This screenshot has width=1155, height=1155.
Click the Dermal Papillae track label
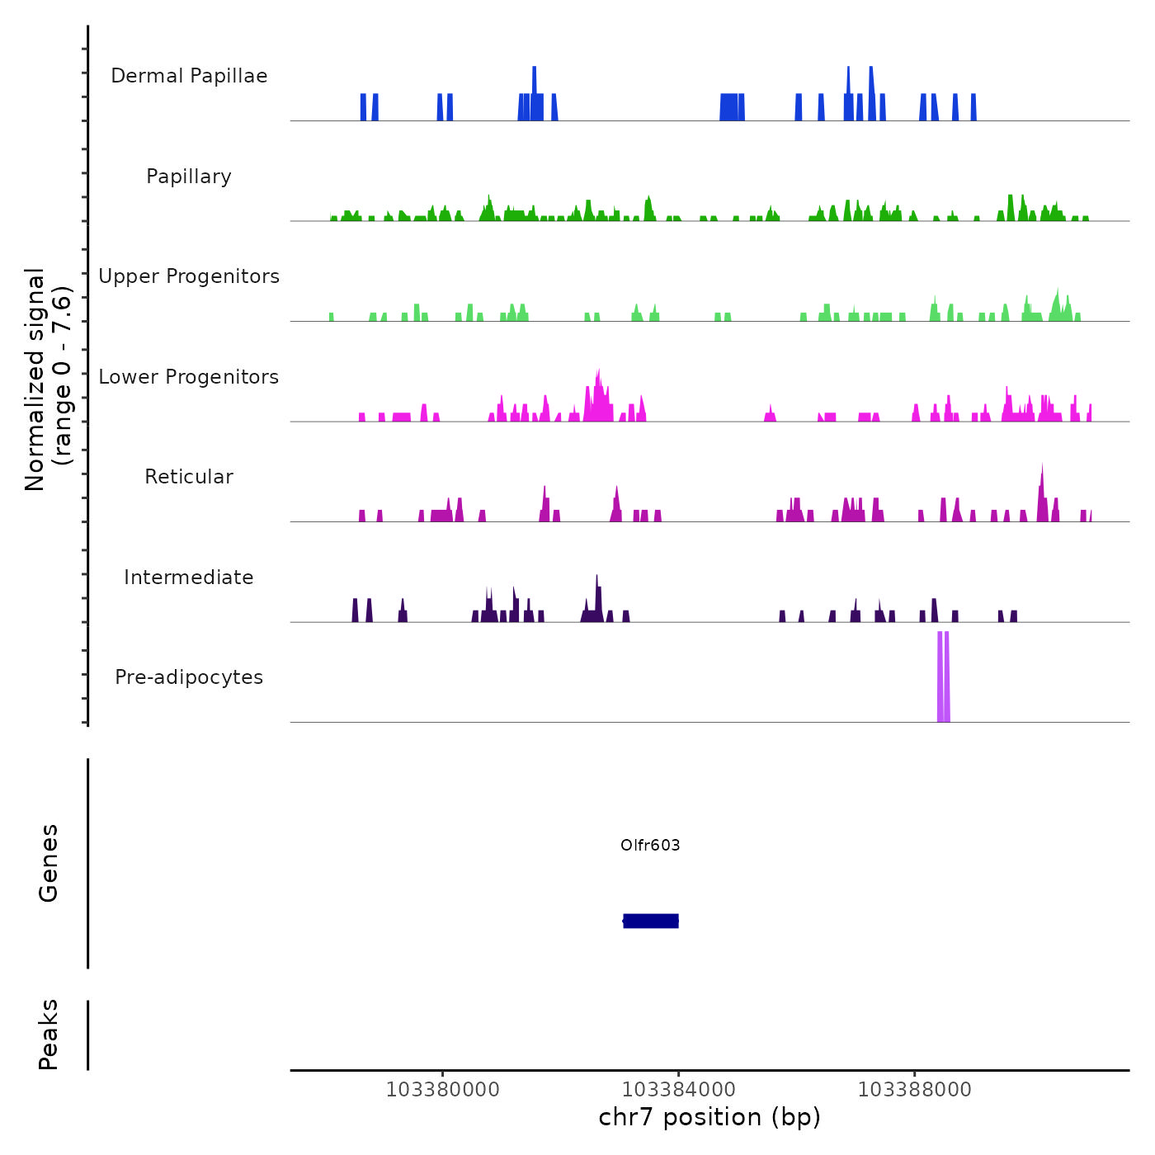pos(189,76)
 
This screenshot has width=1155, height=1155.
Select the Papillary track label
pos(189,177)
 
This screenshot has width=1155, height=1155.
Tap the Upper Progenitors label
pos(189,276)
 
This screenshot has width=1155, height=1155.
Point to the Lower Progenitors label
pos(189,377)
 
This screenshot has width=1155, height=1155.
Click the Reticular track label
pos(189,477)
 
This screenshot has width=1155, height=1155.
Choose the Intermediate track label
pos(189,577)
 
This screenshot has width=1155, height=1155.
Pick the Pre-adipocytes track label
pos(189,677)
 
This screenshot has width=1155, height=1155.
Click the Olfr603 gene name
pos(650,845)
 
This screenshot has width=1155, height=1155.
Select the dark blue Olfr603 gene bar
pos(651,921)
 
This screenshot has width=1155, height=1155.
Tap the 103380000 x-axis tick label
pos(442,1090)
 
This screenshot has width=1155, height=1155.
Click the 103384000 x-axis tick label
pos(679,1090)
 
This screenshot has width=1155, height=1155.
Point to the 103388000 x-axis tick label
pos(914,1090)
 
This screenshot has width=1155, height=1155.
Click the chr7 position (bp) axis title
pos(709,1117)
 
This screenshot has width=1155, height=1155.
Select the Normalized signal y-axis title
pos(48,379)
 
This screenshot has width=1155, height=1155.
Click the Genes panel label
pos(49,863)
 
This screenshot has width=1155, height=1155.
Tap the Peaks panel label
pos(49,1035)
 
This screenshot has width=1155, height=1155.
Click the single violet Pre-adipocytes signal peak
pos(943,676)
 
